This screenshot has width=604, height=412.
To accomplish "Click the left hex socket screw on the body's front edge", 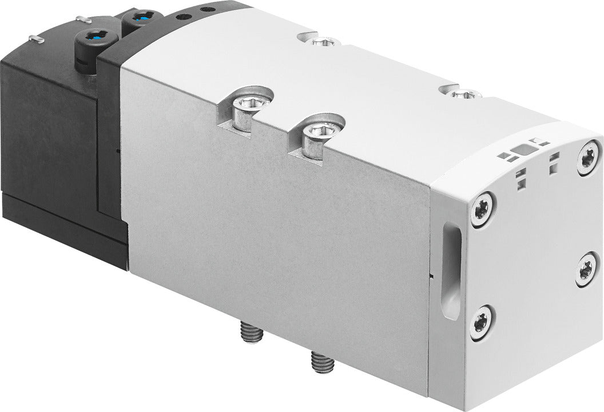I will click(247, 105).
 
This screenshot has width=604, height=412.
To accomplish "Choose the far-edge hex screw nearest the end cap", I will click(461, 92).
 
